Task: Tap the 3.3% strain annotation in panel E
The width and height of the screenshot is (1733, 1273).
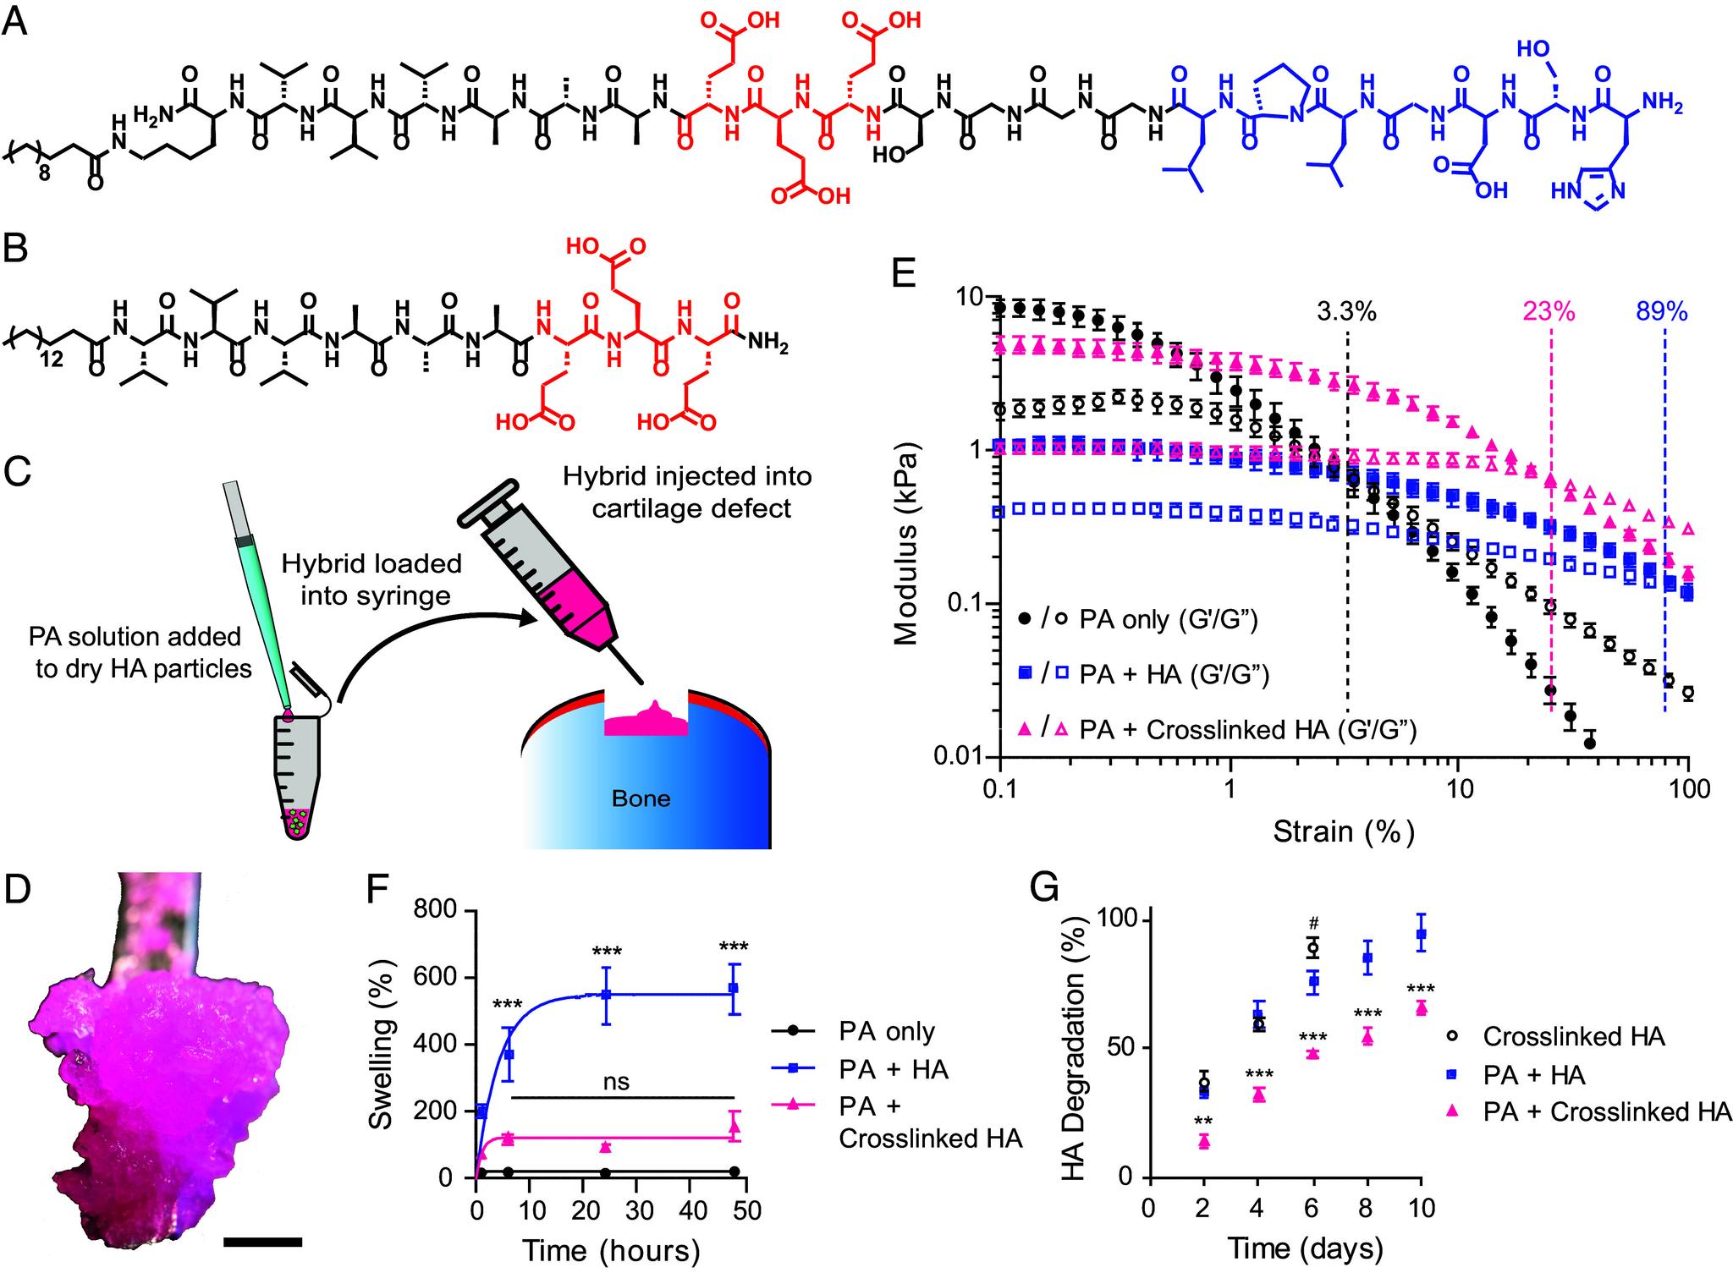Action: pyautogui.click(x=1346, y=312)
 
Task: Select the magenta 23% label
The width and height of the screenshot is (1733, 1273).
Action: pyautogui.click(x=1549, y=312)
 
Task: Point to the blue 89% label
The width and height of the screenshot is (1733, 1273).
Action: pyautogui.click(x=1662, y=312)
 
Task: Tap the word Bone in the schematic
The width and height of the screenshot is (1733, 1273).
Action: pyautogui.click(x=641, y=798)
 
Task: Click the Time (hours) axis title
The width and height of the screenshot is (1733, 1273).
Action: pyautogui.click(x=610, y=1250)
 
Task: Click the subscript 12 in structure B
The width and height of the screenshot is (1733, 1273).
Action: pyautogui.click(x=52, y=359)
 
